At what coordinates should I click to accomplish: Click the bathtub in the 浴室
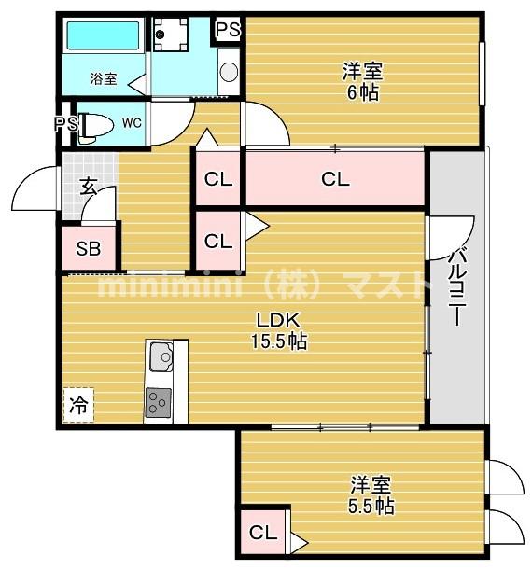103,35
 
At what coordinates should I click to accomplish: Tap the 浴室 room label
104,78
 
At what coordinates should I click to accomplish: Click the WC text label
132,123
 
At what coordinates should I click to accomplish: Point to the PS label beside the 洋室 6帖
228,30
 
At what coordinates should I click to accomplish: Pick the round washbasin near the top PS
229,72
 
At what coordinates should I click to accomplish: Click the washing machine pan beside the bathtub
170,34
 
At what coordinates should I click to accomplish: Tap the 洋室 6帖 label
362,82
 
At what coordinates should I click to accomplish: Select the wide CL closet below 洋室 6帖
335,179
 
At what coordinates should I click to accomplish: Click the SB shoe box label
89,249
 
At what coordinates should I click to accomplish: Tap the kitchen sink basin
161,357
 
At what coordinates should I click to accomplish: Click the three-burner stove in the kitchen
158,403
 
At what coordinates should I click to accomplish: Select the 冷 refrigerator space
78,405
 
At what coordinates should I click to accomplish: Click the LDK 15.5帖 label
279,330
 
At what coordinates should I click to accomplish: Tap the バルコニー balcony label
455,287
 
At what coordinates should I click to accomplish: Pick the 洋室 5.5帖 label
371,495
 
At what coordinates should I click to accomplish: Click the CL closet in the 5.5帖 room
263,533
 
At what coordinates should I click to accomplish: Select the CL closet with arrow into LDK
218,241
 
